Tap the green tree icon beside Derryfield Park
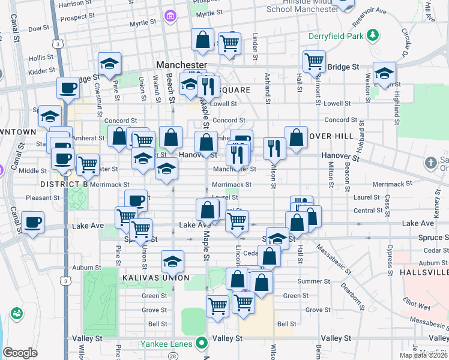pos(372,35)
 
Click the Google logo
pos(20,353)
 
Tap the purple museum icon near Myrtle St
pos(171,14)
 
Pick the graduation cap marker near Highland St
pos(384,74)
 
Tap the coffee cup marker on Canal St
pos(32,223)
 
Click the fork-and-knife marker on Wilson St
pos(274,148)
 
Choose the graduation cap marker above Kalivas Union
pos(172,262)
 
